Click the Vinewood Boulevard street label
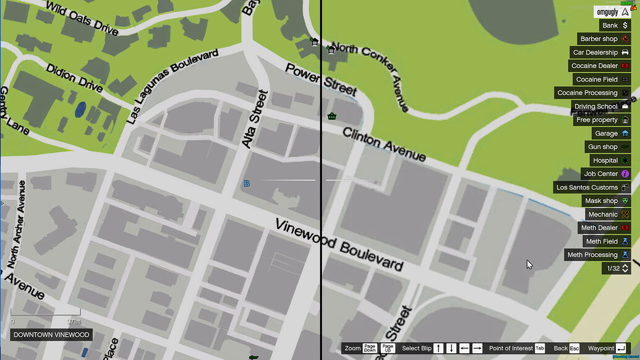(339, 246)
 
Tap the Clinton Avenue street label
(384, 144)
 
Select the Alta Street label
(255, 119)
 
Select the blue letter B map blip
(247, 184)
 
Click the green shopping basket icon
(332, 116)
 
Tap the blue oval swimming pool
(80, 109)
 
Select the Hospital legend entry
(608, 160)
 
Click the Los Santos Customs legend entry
(592, 187)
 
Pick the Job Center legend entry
(606, 174)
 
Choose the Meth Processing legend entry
(597, 255)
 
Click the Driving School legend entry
(601, 106)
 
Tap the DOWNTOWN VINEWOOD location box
(52, 335)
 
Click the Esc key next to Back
(574, 348)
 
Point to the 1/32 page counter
(617, 268)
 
